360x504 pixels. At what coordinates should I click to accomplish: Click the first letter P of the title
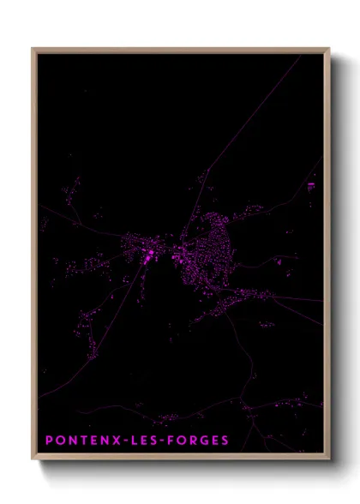tap(49, 441)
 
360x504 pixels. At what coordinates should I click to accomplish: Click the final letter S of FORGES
tap(225, 441)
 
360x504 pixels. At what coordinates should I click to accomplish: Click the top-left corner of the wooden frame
tap(33, 49)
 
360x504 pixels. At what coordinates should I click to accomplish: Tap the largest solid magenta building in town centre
tap(149, 254)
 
